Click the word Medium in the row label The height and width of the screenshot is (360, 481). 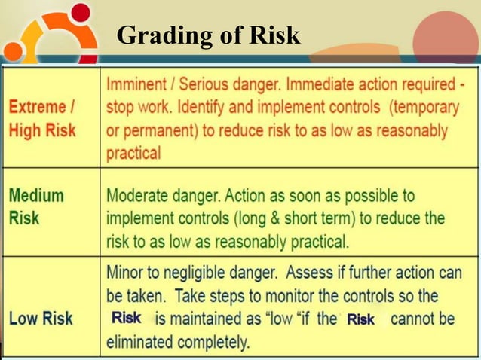36,196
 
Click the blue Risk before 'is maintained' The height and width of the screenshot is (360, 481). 126,318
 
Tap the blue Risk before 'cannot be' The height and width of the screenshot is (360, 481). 360,319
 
